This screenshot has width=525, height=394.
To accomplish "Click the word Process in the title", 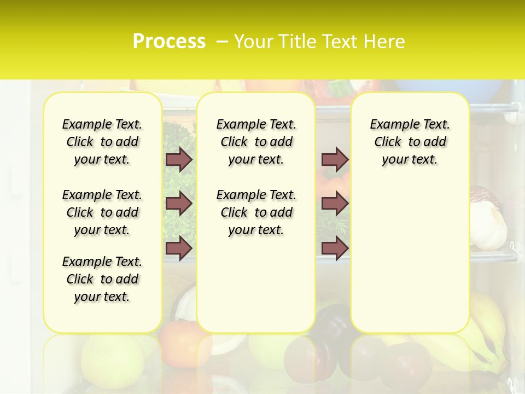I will pos(169,41).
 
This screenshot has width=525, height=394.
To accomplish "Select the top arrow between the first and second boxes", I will pos(178,159).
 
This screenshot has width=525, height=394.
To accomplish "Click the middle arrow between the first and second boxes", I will pos(178,204).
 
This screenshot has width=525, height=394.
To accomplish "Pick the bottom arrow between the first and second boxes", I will pos(178,248).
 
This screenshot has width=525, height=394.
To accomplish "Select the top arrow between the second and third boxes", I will pos(334,159).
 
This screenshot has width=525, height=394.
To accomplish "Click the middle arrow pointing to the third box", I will pos(334,204).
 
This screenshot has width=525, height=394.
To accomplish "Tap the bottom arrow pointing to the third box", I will pos(334,248).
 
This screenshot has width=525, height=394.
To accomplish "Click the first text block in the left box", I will pos(102,142).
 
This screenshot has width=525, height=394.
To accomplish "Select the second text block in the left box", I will pos(102,212).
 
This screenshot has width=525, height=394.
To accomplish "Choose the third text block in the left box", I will pos(102,279).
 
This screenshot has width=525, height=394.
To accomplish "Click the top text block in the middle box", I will pos(256,142).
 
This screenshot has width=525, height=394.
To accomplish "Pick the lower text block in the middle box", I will pos(256,212).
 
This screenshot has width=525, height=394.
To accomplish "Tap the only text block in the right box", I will pos(410,142).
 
